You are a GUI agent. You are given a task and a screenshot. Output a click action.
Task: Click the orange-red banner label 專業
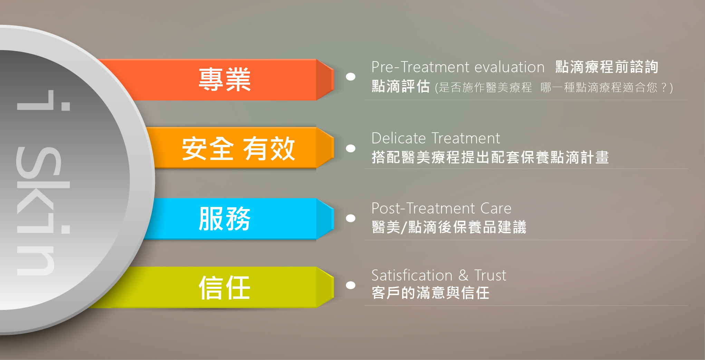click(224, 80)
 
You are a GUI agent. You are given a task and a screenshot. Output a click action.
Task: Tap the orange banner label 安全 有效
click(239, 149)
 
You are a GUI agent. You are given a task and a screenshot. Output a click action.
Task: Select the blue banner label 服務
click(224, 218)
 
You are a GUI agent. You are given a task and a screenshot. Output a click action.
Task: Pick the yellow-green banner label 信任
click(224, 287)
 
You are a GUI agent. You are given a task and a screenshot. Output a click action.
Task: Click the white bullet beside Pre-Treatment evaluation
click(351, 77)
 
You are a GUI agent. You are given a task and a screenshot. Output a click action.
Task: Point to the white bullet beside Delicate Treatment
click(351, 148)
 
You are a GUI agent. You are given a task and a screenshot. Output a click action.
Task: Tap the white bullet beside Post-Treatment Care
click(351, 218)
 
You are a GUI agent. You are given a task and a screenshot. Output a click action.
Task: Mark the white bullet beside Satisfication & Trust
click(351, 285)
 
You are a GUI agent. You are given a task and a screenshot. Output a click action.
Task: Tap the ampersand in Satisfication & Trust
click(463, 275)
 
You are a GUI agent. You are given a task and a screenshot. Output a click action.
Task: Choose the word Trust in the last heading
click(490, 275)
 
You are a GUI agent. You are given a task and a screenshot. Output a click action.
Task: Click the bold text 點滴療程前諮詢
click(607, 67)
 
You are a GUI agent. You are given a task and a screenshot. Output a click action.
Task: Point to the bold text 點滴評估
click(401, 86)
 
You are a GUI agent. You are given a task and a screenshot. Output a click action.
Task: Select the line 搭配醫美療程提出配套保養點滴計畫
click(490, 157)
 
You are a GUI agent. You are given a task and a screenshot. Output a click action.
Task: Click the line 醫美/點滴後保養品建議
click(449, 227)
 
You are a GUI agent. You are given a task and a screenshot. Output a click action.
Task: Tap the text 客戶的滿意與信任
click(431, 293)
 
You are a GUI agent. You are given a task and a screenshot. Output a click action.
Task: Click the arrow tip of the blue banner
click(334, 218)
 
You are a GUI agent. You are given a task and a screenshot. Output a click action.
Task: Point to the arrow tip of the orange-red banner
click(334, 80)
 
